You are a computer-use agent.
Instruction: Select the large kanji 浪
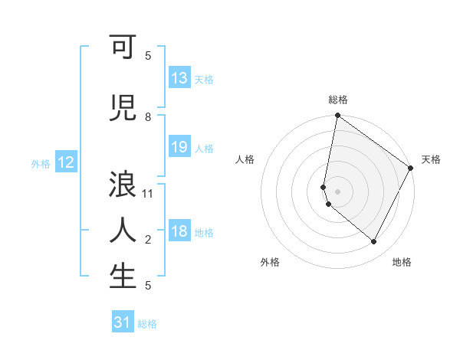(x=123, y=185)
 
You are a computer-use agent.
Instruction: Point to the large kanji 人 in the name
(x=123, y=230)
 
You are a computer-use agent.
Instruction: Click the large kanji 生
(x=123, y=276)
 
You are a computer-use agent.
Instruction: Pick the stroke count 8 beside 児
(x=148, y=117)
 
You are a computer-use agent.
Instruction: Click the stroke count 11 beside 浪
(x=149, y=194)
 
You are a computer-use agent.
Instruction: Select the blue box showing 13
(x=179, y=78)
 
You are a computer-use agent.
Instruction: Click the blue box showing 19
(x=179, y=147)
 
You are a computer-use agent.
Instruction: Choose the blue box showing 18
(x=179, y=231)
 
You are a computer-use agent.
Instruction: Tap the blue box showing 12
(x=66, y=162)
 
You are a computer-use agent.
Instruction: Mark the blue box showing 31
(x=123, y=322)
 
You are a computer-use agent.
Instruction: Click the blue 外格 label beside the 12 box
(x=41, y=163)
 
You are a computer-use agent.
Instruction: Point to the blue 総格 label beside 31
(x=147, y=324)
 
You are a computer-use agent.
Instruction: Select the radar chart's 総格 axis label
(x=338, y=100)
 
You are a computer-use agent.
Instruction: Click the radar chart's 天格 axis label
(x=431, y=159)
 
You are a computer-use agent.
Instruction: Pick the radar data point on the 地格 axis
(x=374, y=242)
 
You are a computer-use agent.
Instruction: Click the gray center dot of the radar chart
(x=338, y=191)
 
